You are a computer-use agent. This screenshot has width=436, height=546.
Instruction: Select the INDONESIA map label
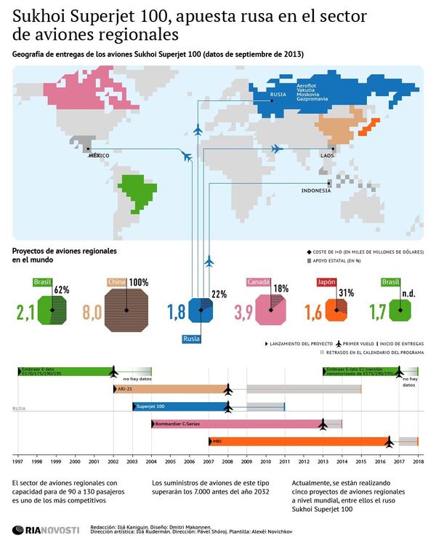click(316, 190)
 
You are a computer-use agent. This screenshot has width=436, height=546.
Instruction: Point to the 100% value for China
click(139, 282)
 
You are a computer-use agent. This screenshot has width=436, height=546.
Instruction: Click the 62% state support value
click(62, 289)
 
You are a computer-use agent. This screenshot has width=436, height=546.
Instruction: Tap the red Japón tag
click(326, 282)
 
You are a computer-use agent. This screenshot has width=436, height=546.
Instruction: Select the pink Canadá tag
click(259, 282)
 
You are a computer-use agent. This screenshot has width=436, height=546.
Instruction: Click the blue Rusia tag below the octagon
click(193, 337)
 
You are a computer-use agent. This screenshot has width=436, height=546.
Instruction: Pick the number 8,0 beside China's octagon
click(92, 313)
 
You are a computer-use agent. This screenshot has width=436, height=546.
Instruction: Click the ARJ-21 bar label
click(126, 389)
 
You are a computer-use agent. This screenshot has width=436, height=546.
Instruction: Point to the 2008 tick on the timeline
click(228, 462)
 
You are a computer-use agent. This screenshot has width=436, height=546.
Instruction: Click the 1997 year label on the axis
click(17, 462)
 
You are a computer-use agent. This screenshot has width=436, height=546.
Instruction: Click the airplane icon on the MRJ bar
click(389, 441)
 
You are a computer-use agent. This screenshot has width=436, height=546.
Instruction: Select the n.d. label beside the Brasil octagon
click(408, 294)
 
